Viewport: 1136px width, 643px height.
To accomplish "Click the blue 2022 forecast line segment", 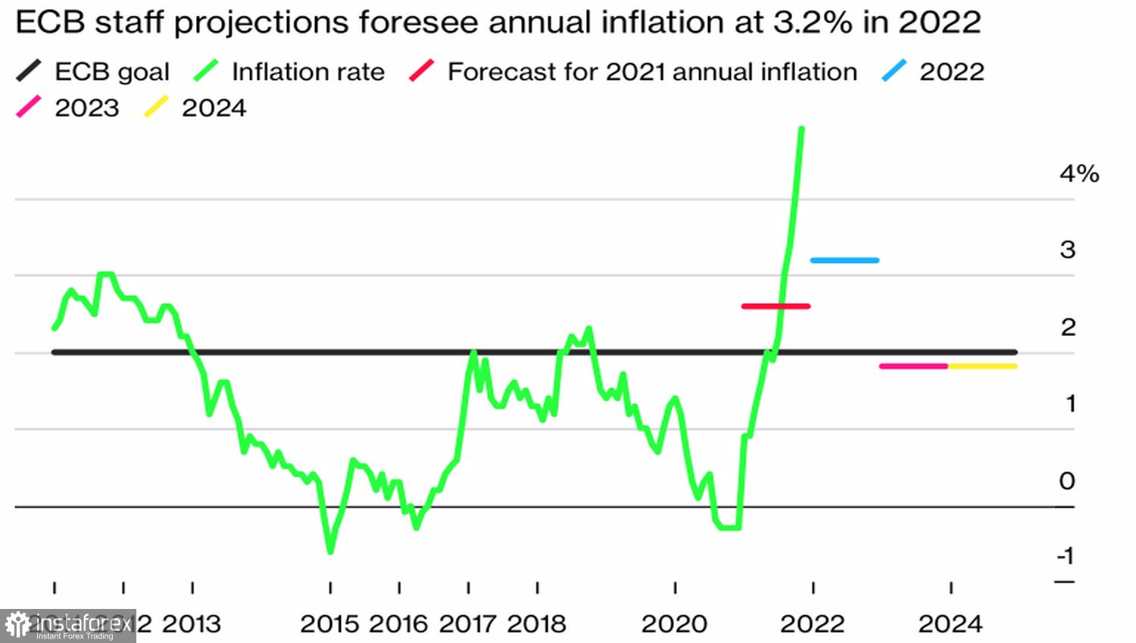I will [x=844, y=260].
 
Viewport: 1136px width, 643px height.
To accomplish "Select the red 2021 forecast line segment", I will [x=776, y=306].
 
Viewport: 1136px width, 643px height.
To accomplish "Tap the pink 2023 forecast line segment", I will [x=913, y=366].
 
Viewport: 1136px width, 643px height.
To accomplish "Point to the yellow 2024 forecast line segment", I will [x=982, y=366].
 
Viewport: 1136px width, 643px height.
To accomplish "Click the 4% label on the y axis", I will [x=1078, y=174].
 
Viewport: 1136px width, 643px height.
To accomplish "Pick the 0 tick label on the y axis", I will [x=1067, y=480].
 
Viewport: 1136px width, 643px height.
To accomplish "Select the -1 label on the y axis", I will [x=1066, y=556].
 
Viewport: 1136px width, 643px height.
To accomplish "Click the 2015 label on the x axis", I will [x=330, y=624].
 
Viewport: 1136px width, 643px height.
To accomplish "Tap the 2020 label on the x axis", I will [x=674, y=624].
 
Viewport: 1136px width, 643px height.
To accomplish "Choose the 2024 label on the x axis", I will [x=950, y=624].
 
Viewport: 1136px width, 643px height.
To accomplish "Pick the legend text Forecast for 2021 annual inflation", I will [x=652, y=72].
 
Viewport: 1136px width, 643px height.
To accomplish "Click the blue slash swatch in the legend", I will [x=894, y=71].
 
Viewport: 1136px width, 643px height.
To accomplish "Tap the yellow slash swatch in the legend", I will [x=156, y=107].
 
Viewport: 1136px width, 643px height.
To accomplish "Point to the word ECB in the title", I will [x=50, y=23].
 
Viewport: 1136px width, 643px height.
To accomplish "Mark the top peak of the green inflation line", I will [x=801, y=129].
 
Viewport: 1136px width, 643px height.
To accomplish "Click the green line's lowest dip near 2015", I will [x=330, y=551].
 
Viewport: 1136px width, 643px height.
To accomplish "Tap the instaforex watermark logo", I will [x=68, y=626].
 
